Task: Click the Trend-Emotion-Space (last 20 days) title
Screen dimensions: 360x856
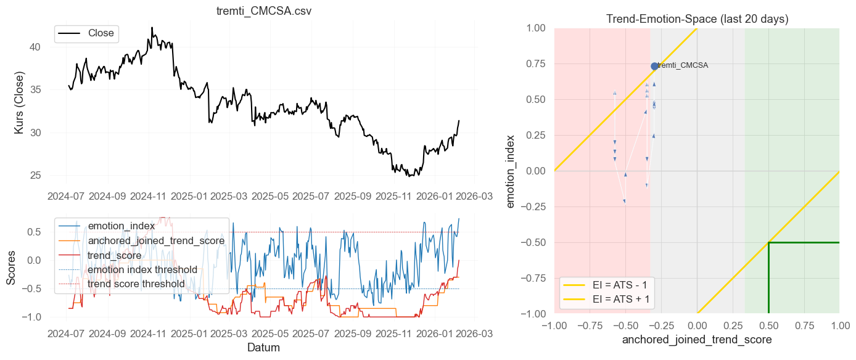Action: [697, 19]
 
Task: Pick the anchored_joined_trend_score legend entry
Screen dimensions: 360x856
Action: [156, 240]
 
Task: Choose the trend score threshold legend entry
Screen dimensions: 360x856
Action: [136, 284]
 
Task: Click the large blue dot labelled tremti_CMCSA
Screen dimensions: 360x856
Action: [654, 66]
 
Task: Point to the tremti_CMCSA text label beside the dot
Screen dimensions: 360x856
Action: [683, 65]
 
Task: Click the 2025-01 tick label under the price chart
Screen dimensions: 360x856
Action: [189, 197]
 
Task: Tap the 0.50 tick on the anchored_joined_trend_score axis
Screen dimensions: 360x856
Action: [768, 325]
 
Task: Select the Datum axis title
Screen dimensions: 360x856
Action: [263, 348]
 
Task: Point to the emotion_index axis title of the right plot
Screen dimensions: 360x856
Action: [511, 171]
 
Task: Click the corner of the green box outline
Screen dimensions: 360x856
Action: [768, 242]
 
